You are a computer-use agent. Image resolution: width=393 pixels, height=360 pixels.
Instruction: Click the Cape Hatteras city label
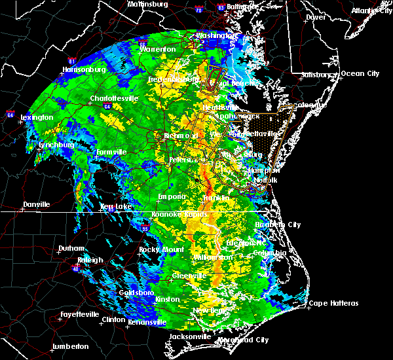(x=334, y=303)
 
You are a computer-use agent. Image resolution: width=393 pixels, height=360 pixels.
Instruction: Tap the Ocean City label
(x=360, y=73)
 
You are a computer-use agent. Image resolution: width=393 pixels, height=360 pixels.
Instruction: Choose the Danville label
(x=36, y=205)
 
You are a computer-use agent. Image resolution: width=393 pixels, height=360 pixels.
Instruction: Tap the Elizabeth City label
(x=278, y=225)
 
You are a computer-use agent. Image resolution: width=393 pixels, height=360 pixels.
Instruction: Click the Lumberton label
(x=69, y=346)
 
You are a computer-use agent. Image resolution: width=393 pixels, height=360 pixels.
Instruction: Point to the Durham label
(x=71, y=249)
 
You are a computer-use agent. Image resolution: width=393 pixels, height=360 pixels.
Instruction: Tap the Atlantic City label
(x=369, y=10)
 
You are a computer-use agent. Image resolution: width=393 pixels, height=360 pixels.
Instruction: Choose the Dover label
(x=316, y=17)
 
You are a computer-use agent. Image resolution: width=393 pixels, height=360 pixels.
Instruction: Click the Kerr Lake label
(x=116, y=206)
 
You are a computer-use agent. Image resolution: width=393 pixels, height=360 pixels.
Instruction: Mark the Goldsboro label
(x=137, y=293)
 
